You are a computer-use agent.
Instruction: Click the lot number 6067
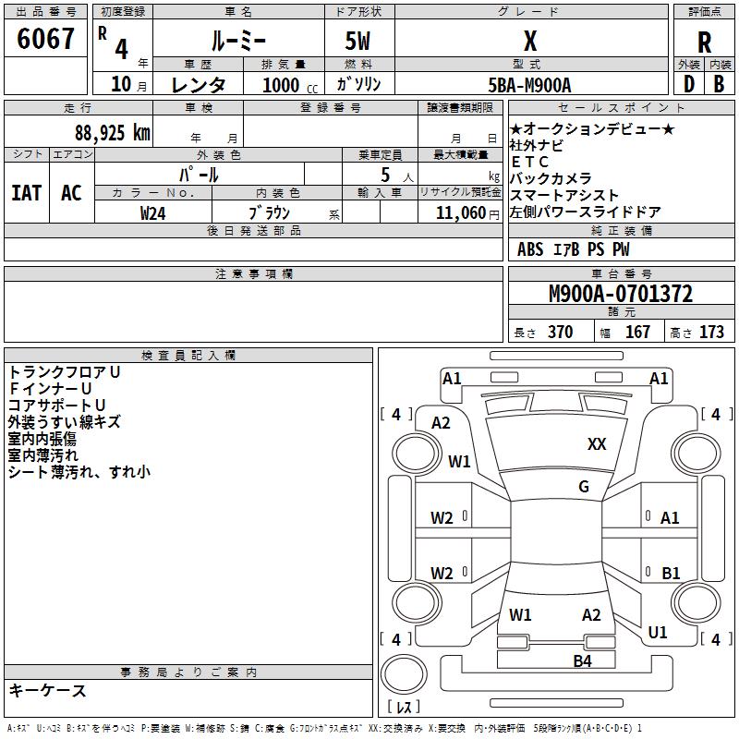tap(46, 40)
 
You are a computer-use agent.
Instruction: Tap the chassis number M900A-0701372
tap(621, 294)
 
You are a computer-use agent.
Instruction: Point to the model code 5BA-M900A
tap(529, 85)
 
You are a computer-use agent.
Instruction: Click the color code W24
tap(153, 212)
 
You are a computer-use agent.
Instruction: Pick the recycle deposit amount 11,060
tap(460, 212)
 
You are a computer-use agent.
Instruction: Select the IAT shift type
tap(27, 193)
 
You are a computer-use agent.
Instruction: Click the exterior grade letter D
tap(688, 84)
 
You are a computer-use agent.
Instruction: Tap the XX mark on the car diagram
tap(597, 444)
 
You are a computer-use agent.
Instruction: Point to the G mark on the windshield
tap(584, 487)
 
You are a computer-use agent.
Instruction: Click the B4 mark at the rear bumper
tap(582, 660)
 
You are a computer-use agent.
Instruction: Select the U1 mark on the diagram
tap(658, 633)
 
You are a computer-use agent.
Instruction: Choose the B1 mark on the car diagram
tap(671, 573)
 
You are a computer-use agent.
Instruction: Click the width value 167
tap(637, 332)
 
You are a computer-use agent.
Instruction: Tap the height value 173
tap(711, 332)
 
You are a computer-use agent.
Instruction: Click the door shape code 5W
tap(359, 42)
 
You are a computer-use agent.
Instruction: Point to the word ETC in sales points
tap(529, 162)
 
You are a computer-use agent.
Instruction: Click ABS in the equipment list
tap(530, 249)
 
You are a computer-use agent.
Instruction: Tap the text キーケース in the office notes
tap(48, 691)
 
